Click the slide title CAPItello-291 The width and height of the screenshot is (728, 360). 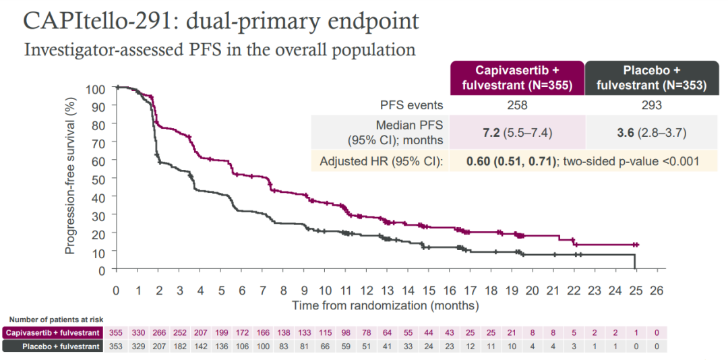click(221, 21)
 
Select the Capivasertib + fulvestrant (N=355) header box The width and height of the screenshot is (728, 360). click(518, 78)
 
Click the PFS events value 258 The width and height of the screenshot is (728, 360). click(518, 105)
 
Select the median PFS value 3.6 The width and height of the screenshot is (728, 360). click(622, 133)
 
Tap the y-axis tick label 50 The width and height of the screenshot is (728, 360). click(100, 179)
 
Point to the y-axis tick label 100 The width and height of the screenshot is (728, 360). click(96, 88)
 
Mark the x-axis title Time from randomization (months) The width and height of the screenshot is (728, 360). click(385, 305)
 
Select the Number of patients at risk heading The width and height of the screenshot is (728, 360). click(56, 320)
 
